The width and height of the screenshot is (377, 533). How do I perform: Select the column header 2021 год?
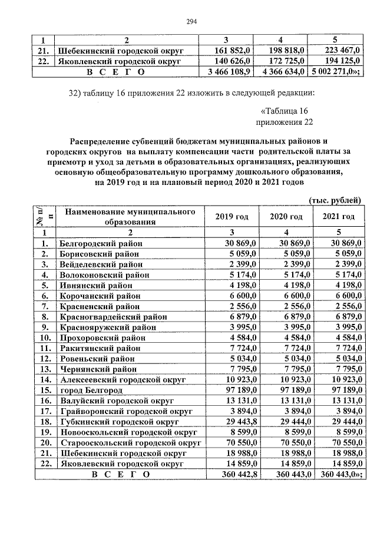339,217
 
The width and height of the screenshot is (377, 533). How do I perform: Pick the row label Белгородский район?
101,243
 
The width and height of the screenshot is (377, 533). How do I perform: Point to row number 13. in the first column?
43,370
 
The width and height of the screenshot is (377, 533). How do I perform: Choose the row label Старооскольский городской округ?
128,443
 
